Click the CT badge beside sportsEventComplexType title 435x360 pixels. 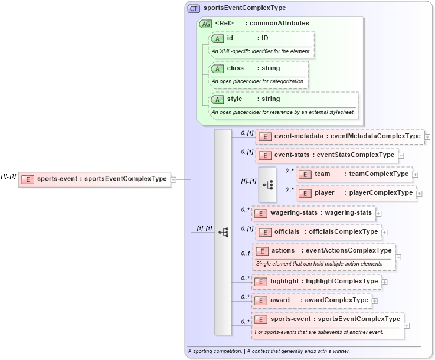[194, 8]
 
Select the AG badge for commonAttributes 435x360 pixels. [206, 24]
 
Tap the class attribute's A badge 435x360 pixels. [217, 68]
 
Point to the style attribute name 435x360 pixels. [234, 99]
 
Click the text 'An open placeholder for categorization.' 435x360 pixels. [258, 81]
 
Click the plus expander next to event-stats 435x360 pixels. [401, 156]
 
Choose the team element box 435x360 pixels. [354, 174]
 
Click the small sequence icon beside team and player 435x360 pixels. [267, 184]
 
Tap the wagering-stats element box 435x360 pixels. [313, 213]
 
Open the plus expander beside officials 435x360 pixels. [385, 232]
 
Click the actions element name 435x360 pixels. [283, 251]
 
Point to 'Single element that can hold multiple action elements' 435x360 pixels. [319, 263]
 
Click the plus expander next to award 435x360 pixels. [375, 301]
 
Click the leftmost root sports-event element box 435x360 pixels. [95, 179]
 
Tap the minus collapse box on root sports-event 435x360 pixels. [173, 179]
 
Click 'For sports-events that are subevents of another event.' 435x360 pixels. [319, 332]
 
